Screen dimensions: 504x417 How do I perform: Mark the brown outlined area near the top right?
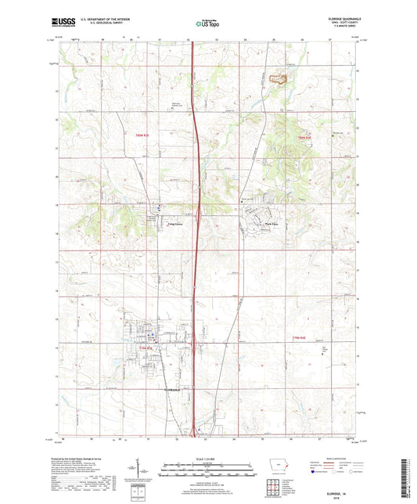277,77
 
